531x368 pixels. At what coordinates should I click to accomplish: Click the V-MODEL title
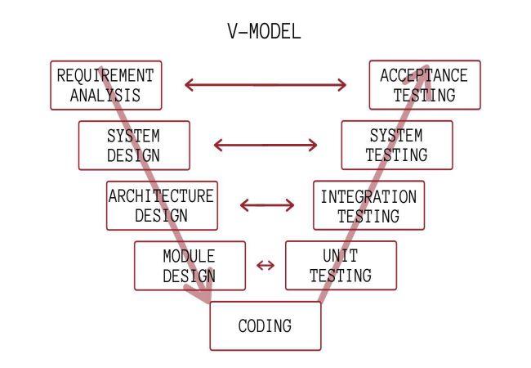(264, 32)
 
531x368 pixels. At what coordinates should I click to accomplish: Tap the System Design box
(134, 145)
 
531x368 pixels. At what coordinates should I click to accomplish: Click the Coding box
(265, 326)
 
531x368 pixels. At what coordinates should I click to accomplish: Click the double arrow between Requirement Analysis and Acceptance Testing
(265, 84)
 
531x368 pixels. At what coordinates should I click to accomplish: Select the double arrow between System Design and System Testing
(265, 146)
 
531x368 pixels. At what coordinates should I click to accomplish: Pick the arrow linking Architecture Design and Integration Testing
(266, 204)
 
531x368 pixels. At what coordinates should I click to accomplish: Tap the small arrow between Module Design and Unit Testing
(265, 265)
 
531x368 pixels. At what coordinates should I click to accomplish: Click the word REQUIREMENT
(105, 75)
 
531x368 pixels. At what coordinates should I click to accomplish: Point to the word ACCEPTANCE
(424, 75)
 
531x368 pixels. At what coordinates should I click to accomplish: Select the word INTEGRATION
(368, 196)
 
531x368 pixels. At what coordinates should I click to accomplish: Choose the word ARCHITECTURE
(161, 196)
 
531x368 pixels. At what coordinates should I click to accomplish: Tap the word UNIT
(341, 256)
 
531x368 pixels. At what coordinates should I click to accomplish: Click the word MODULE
(189, 256)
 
